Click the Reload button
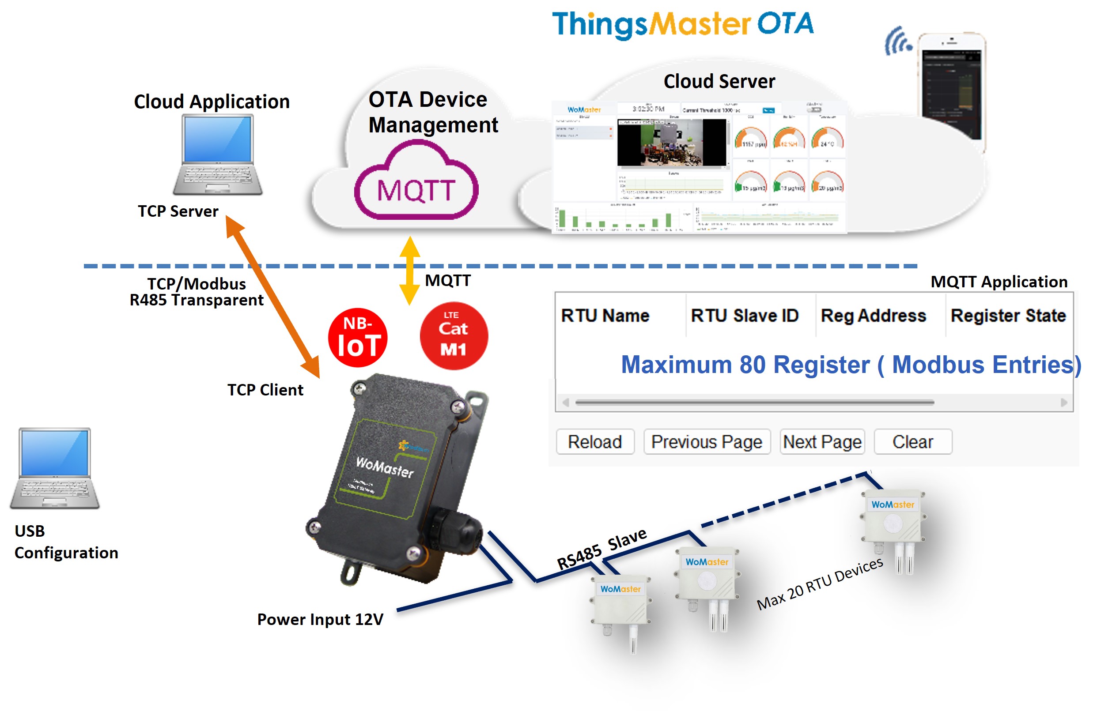[x=594, y=442]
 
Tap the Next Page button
[x=822, y=442]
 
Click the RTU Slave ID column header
[x=744, y=316]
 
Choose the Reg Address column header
[x=873, y=316]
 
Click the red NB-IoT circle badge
[x=358, y=338]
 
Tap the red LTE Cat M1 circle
[x=454, y=336]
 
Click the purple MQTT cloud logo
[x=416, y=184]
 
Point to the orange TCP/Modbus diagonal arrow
[x=273, y=297]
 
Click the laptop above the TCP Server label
[x=218, y=154]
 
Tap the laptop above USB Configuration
[x=55, y=467]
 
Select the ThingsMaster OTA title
[x=683, y=24]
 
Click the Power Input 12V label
[x=320, y=619]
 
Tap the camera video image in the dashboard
[x=672, y=142]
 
